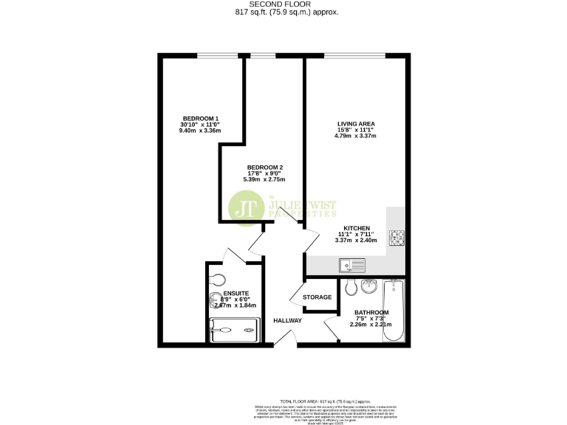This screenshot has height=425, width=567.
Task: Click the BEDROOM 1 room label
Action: tap(202, 119)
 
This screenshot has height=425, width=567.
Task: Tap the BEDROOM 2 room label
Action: tap(265, 167)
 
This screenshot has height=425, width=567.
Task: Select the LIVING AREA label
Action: tap(355, 123)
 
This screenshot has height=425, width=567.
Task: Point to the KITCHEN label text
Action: tap(355, 229)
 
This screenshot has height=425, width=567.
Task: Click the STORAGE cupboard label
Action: tap(317, 297)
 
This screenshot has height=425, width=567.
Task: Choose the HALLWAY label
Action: tap(287, 321)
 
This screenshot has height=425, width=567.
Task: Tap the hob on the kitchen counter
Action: tap(397, 238)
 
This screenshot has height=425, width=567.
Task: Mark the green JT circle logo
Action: tap(247, 209)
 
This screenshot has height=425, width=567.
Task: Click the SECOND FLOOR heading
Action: tap(283, 4)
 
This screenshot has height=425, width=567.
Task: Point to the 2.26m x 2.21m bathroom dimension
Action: tap(371, 324)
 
